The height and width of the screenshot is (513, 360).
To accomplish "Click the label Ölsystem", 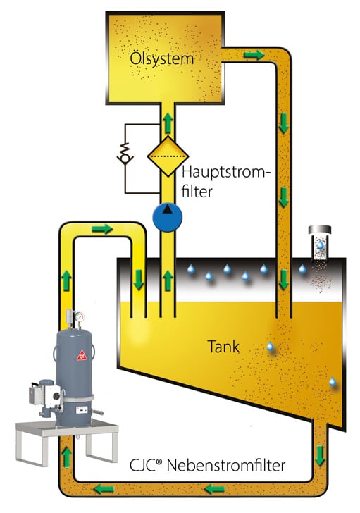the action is (162, 59).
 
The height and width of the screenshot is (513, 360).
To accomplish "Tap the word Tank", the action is (223, 347).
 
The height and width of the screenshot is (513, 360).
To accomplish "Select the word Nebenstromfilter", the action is (226, 465).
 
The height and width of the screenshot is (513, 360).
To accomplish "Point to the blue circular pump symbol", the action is (168, 217).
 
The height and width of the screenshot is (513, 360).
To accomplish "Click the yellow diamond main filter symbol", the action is (168, 156).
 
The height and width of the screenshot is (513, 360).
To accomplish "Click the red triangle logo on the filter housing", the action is (82, 355).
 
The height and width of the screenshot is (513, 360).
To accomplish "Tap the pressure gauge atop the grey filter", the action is (79, 317).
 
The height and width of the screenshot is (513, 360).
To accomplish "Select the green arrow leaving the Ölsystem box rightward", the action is (254, 55).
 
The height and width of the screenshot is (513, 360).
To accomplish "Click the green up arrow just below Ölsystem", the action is (168, 123).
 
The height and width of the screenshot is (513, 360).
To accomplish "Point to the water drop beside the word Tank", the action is (270, 346).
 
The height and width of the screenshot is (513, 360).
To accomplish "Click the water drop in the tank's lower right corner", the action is (333, 382).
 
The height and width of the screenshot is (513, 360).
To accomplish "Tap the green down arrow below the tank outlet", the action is (320, 455).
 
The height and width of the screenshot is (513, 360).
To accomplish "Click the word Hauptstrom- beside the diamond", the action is (226, 173).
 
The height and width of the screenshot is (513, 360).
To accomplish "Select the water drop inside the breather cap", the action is (321, 245).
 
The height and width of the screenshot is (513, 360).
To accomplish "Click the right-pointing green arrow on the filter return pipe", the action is (102, 229).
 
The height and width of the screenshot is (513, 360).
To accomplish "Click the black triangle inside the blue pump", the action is (168, 209).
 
